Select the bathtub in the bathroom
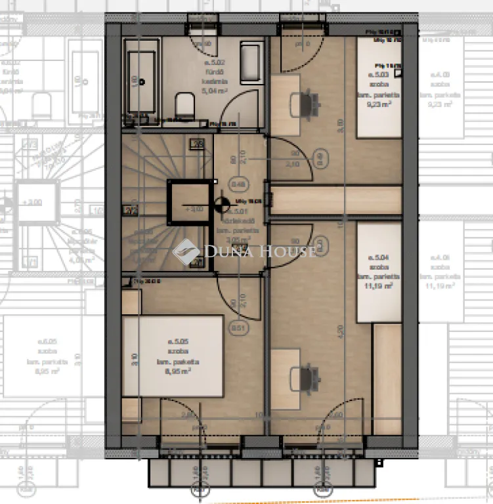pyautogui.click(x=141, y=82)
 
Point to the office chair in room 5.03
pyautogui.click(x=309, y=102)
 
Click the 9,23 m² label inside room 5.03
pyautogui.click(x=379, y=103)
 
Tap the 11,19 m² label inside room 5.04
pyautogui.click(x=379, y=285)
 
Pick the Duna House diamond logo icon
pyautogui.click(x=186, y=251)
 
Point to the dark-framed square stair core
pyautogui.click(x=187, y=202)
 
